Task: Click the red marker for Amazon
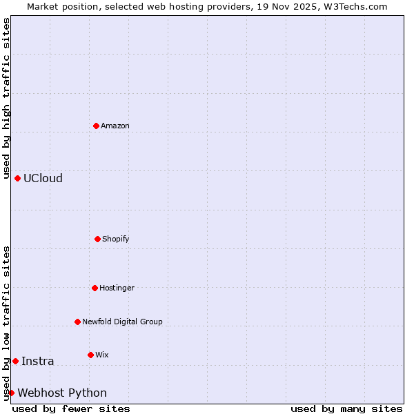[96, 126]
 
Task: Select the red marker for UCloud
[17, 178]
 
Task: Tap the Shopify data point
[97, 239]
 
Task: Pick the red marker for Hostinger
[95, 288]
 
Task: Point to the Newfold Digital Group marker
[77, 322]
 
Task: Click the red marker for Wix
[90, 355]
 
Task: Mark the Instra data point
[15, 361]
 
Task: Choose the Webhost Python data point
[11, 393]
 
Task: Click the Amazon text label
[115, 126]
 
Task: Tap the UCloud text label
[43, 178]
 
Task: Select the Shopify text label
[116, 239]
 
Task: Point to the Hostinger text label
[117, 288]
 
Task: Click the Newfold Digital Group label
[122, 322]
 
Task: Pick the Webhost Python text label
[62, 393]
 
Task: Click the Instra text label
[38, 361]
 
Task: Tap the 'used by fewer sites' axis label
[71, 408]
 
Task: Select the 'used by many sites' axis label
[346, 408]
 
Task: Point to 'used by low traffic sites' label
[6, 323]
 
